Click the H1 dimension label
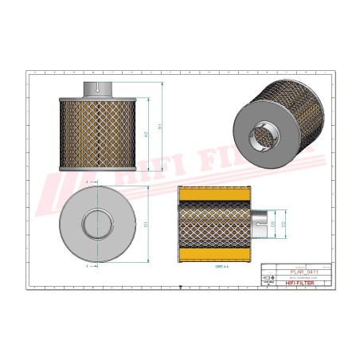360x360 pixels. [x=159, y=126]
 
